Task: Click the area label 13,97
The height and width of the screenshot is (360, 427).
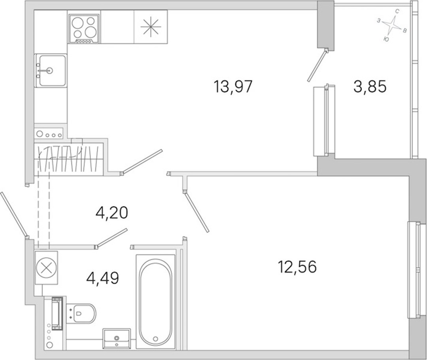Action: click(x=233, y=87)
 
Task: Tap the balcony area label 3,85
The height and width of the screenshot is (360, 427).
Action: click(x=370, y=87)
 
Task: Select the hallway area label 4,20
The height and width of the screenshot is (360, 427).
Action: click(x=111, y=212)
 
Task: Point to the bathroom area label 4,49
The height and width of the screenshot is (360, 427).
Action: click(x=102, y=278)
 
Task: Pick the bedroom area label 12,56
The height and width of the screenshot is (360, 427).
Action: click(x=297, y=267)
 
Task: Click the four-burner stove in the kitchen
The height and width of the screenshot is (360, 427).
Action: click(x=84, y=28)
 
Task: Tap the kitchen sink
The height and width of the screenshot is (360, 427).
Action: click(x=51, y=70)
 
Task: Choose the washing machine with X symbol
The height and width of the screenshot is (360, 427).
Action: click(x=46, y=267)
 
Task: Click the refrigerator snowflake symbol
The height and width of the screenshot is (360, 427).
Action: click(x=151, y=27)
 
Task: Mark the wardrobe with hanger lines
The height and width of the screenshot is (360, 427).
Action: click(x=69, y=159)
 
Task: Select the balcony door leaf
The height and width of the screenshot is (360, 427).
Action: click(x=317, y=65)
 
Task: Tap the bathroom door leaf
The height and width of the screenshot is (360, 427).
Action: click(x=111, y=238)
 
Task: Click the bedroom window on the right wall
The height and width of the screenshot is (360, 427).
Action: click(x=416, y=270)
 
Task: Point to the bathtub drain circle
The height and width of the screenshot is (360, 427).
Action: click(x=155, y=339)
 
